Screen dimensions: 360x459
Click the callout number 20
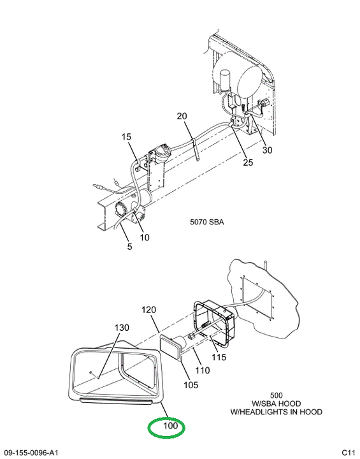[182, 116]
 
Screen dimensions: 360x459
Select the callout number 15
[126, 136]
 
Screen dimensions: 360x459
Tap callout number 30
[267, 150]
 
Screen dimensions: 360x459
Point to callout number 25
[248, 163]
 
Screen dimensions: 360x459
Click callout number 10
[144, 237]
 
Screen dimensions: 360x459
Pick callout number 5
[129, 247]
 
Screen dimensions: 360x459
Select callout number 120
[149, 310]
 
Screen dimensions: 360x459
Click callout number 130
[122, 327]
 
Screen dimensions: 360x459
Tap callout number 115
[219, 357]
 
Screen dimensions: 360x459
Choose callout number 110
[203, 370]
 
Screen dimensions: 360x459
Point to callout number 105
[191, 384]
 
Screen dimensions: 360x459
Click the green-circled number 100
[171, 425]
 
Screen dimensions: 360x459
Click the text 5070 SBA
[207, 222]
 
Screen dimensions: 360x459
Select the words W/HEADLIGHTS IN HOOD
[277, 412]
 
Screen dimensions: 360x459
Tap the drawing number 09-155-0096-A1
[29, 453]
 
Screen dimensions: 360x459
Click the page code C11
[349, 453]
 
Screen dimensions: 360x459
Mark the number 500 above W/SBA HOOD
[277, 396]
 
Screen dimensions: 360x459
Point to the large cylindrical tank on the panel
[238, 75]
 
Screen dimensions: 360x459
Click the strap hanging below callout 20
[196, 150]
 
